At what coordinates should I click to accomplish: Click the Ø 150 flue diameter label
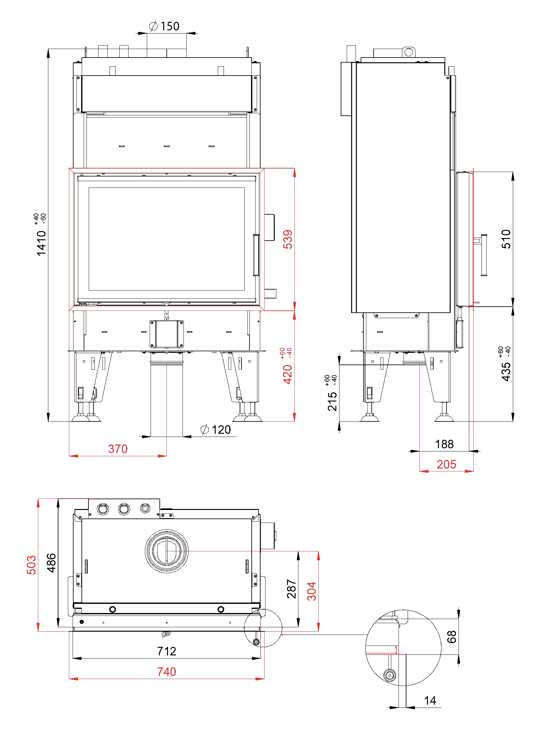pos(164,26)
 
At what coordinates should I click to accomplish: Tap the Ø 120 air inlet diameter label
pos(215,430)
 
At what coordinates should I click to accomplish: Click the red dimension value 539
pos(288,239)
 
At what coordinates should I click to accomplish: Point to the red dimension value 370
pos(118,449)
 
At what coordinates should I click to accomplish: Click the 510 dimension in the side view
pos(506,239)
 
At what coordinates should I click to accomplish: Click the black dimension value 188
pos(444,444)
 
